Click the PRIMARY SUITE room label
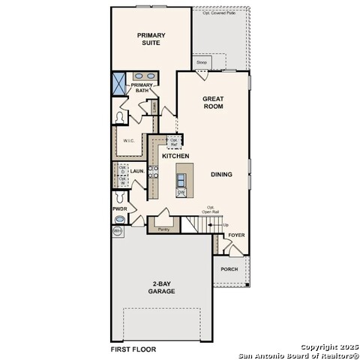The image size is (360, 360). pyautogui.click(x=151, y=39)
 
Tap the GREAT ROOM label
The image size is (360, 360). pyautogui.click(x=213, y=103)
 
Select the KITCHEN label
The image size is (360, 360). pyautogui.click(x=175, y=156)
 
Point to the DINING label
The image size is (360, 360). pyautogui.click(x=221, y=175)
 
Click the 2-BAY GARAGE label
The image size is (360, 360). pyautogui.click(x=161, y=287)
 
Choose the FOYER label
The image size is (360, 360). pyautogui.click(x=236, y=235)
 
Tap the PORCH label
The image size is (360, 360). pyautogui.click(x=229, y=269)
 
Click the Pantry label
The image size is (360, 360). pyautogui.click(x=163, y=229)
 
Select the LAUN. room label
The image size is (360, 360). pyautogui.click(x=137, y=172)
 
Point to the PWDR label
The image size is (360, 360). pyautogui.click(x=119, y=208)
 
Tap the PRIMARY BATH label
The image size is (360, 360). pyautogui.click(x=142, y=88)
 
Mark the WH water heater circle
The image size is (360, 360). pyautogui.click(x=118, y=232)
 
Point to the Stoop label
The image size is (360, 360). pyautogui.click(x=202, y=62)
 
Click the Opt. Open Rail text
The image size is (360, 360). pyautogui.click(x=211, y=210)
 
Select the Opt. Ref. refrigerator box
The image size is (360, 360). pyautogui.click(x=174, y=141)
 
